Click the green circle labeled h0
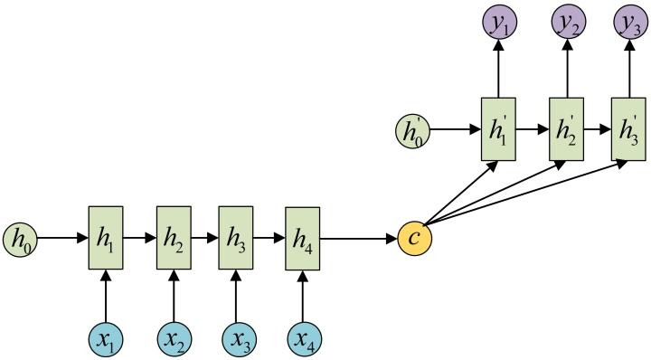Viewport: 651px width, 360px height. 20,240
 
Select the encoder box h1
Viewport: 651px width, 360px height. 106,238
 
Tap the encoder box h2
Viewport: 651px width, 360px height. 173,238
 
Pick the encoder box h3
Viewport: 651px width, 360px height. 236,238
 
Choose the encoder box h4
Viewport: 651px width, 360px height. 303,238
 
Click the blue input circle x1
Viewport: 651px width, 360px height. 106,340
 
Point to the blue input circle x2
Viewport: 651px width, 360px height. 173,340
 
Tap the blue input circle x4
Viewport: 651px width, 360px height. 303,340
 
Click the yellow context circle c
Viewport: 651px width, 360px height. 415,239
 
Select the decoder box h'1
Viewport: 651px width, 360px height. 497,128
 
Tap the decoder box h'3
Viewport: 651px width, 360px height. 628,128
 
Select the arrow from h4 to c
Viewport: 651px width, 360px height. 359,239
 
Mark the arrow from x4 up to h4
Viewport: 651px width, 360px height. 303,297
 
